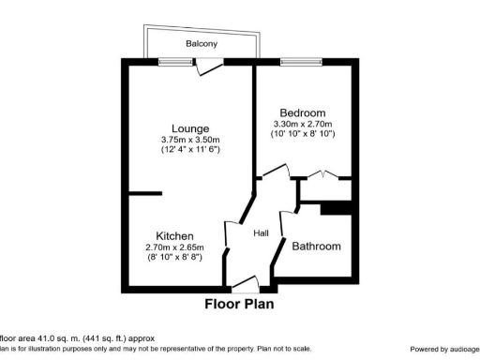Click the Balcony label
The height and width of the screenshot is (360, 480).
pyautogui.click(x=201, y=44)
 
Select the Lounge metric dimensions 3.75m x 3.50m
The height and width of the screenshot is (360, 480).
pyautogui.click(x=189, y=140)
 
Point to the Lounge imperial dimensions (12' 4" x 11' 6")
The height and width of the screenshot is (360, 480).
pyautogui.click(x=189, y=150)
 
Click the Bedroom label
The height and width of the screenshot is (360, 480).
pyautogui.click(x=304, y=110)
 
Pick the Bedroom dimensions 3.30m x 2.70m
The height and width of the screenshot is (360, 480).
pyautogui.click(x=304, y=124)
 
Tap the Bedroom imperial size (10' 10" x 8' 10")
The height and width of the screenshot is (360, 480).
pyautogui.click(x=304, y=134)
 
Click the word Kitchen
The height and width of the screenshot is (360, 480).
pyautogui.click(x=174, y=235)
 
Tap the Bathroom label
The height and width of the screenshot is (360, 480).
pyautogui.click(x=316, y=247)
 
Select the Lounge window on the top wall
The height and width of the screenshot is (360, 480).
pyautogui.click(x=172, y=62)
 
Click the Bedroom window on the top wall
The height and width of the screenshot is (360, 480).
pyautogui.click(x=296, y=62)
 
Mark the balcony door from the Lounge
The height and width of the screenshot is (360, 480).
pyautogui.click(x=213, y=65)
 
